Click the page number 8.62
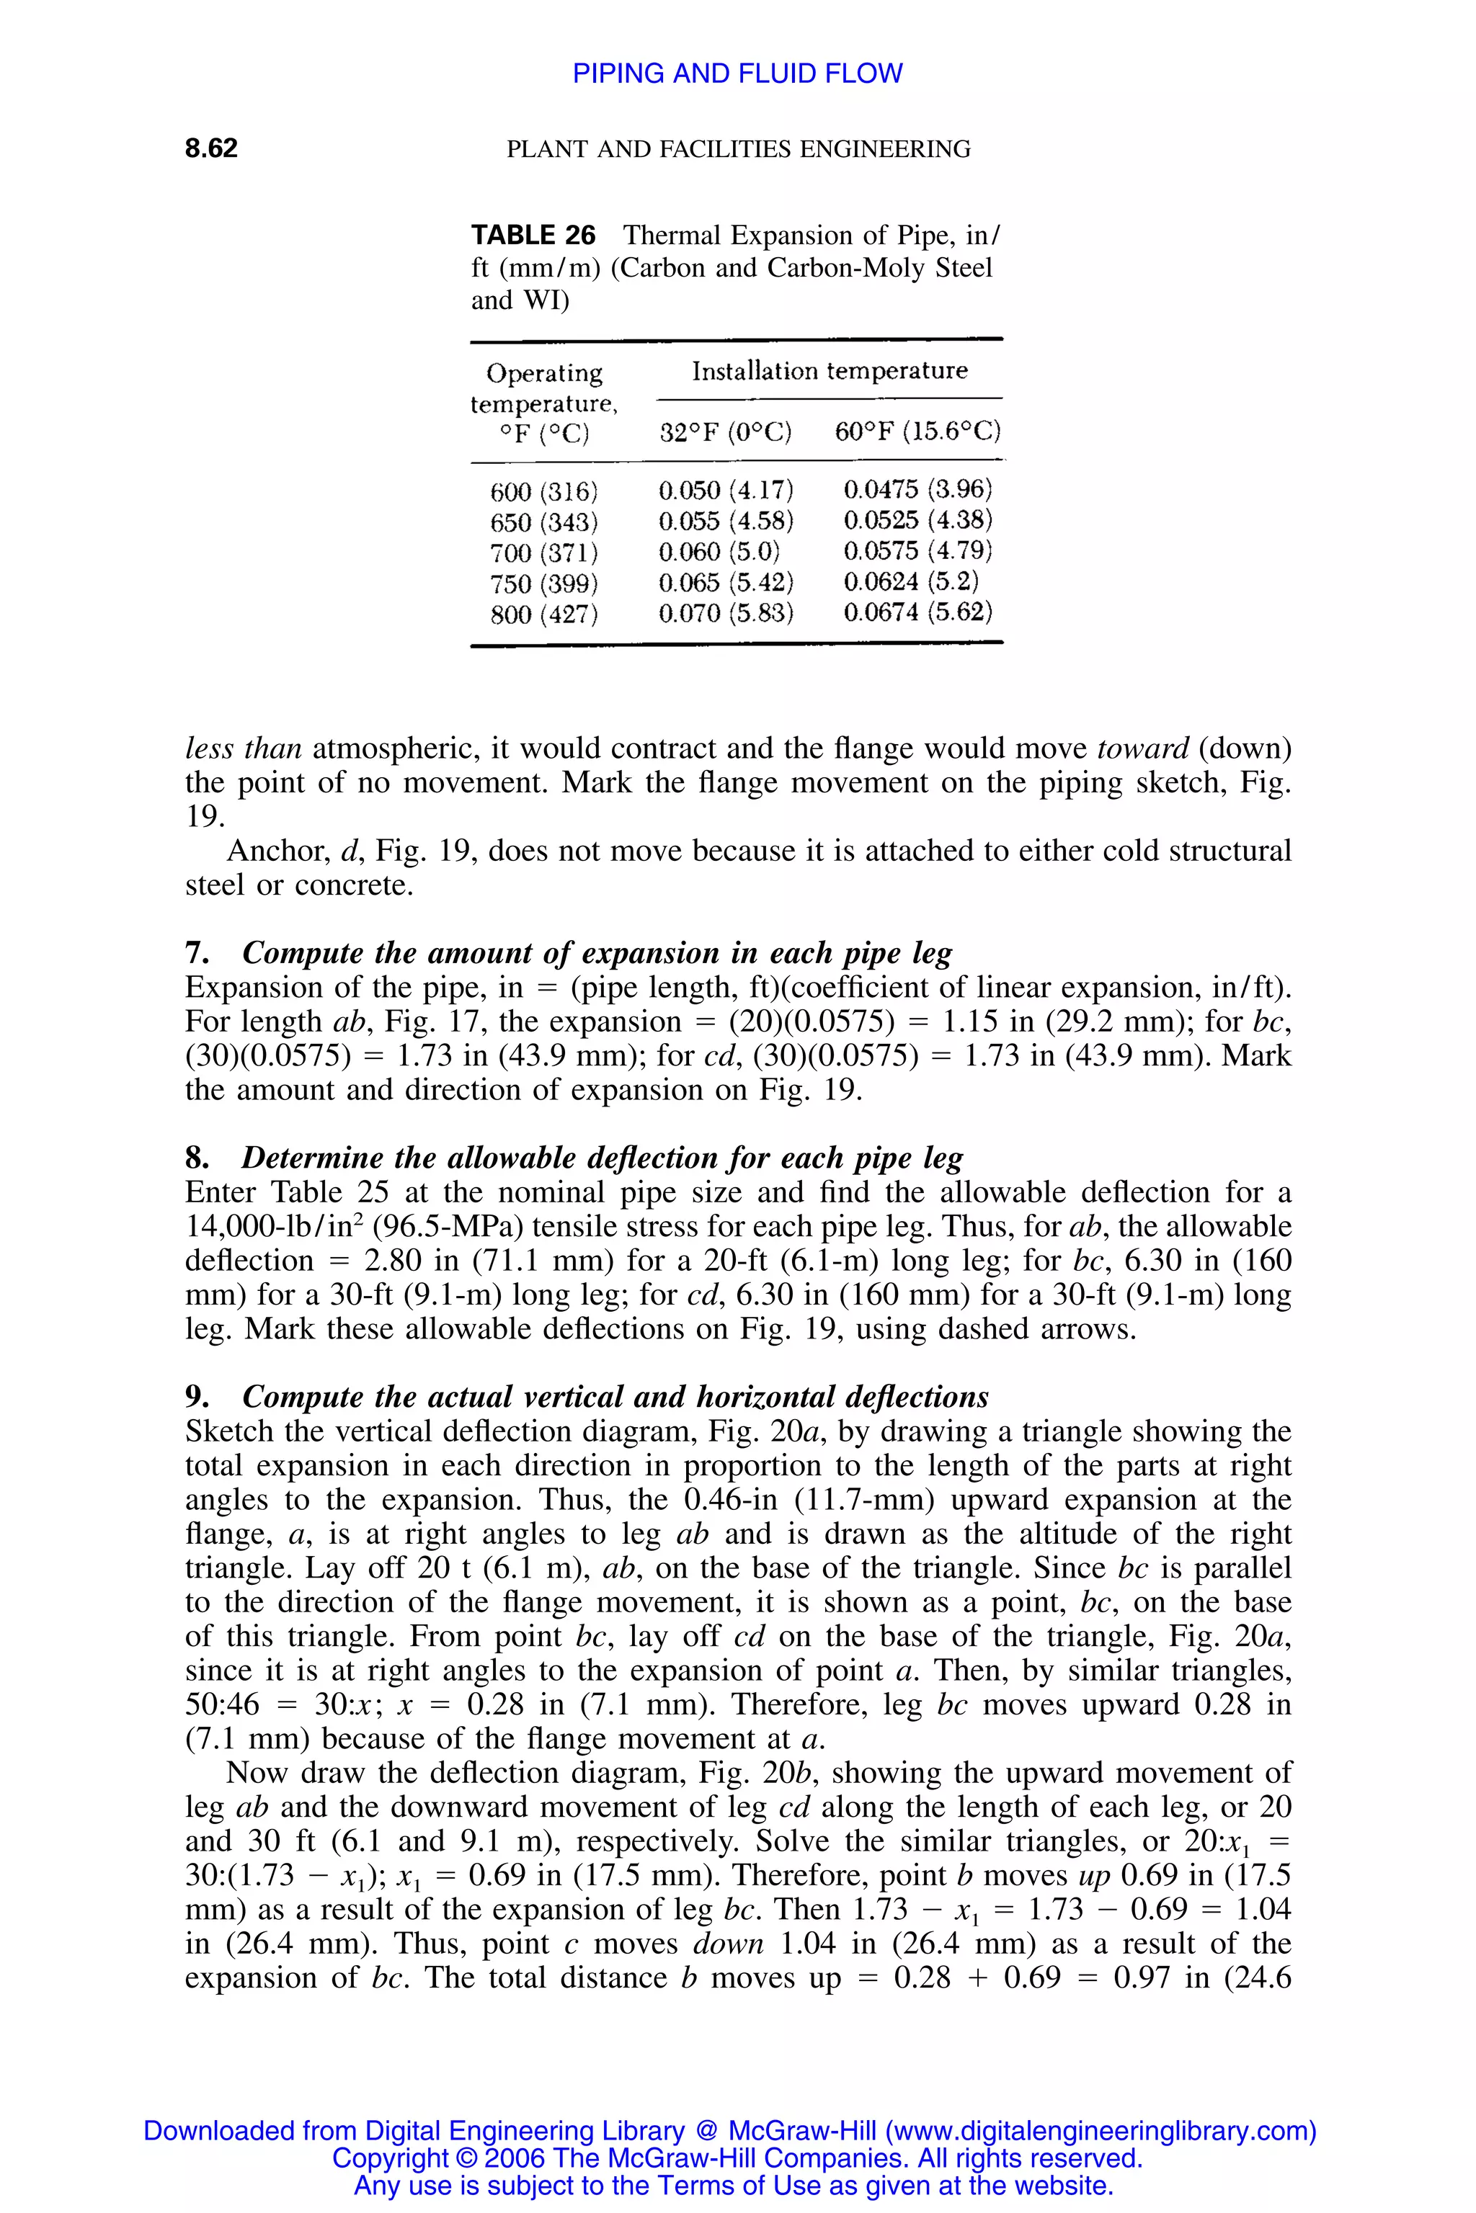pyautogui.click(x=211, y=148)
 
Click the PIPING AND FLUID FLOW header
pyautogui.click(x=737, y=73)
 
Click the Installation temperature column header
pyautogui.click(x=830, y=371)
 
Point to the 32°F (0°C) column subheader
pyautogui.click(x=726, y=433)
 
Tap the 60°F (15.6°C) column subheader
pyautogui.click(x=917, y=433)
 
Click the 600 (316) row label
pyautogui.click(x=544, y=491)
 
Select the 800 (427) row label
pyautogui.click(x=544, y=614)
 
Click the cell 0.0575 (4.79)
pyautogui.click(x=917, y=550)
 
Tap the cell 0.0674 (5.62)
pyautogui.click(x=917, y=612)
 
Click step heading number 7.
pyautogui.click(x=196, y=953)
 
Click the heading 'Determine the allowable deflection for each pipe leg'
pyautogui.click(x=602, y=1158)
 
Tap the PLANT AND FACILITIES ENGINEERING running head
pyautogui.click(x=738, y=148)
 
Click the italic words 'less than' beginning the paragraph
pyautogui.click(x=243, y=749)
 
